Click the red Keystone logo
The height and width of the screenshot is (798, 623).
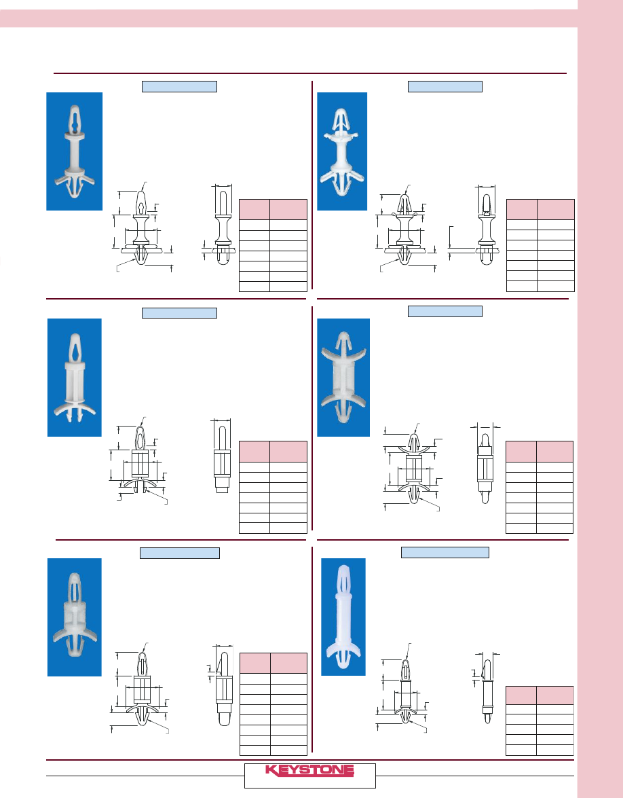309,770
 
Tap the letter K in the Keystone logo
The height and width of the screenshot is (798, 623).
271,771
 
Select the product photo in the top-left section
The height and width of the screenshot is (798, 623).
74,151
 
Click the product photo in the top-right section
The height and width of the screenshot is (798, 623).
342,151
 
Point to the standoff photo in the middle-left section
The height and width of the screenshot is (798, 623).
74,378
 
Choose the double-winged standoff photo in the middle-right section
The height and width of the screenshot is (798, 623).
343,378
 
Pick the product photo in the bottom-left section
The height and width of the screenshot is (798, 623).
74,617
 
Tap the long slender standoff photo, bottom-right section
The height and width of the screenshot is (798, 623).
343,617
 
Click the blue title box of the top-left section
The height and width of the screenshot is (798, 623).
180,86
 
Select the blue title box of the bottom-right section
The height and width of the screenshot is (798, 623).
445,553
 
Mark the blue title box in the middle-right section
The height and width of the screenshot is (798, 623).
445,312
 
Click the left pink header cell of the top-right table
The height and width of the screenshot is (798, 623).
523,210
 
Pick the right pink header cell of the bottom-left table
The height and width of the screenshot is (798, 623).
289,663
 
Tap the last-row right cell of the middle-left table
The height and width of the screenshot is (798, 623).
288,528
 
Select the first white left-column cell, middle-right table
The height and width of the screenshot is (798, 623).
521,467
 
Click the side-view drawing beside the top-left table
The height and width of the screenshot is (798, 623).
222,225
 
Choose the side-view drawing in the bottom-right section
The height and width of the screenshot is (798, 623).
487,688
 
